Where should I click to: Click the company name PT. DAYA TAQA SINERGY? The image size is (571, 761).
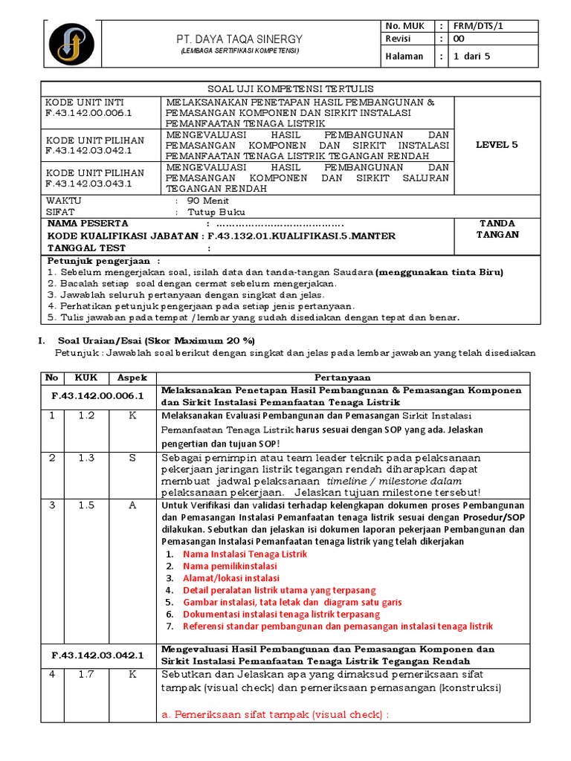pyautogui.click(x=239, y=38)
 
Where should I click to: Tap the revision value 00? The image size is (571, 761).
pyautogui.click(x=459, y=39)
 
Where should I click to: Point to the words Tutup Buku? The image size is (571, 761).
pyautogui.click(x=216, y=212)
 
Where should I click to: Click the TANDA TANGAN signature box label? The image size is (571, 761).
pyautogui.click(x=497, y=229)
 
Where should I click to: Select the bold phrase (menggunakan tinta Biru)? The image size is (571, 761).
pyautogui.click(x=439, y=272)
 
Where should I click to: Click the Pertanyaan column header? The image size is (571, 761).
pyautogui.click(x=342, y=378)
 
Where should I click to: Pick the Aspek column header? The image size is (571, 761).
pyautogui.click(x=132, y=378)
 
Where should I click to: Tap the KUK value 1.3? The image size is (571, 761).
pyautogui.click(x=87, y=458)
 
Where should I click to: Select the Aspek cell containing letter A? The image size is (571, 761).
pyautogui.click(x=132, y=505)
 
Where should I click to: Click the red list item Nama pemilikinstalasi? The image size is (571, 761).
pyautogui.click(x=228, y=566)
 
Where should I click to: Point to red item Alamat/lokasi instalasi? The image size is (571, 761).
pyautogui.click(x=231, y=578)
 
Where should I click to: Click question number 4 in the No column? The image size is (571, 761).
pyautogui.click(x=52, y=674)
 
